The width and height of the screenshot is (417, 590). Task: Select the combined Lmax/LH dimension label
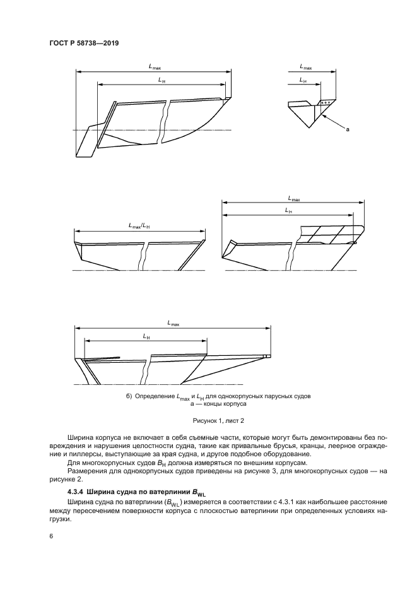[139, 226]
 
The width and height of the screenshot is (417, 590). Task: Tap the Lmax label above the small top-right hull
[306, 66]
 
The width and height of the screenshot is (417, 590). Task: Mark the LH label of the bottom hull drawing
[146, 337]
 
